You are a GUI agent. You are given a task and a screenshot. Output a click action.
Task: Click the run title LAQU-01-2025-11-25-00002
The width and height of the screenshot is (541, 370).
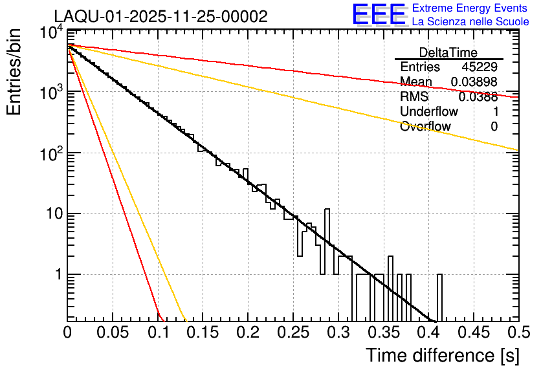160,17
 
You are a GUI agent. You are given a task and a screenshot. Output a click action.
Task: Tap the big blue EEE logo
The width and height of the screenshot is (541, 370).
379,14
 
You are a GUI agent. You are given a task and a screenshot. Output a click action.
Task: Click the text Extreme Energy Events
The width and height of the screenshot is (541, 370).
469,8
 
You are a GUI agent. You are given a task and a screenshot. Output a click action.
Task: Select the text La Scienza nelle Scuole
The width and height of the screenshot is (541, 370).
470,21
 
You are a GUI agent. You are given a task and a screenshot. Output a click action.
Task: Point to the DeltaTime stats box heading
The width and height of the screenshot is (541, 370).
448,52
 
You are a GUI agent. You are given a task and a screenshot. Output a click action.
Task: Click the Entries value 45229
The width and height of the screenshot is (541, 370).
480,67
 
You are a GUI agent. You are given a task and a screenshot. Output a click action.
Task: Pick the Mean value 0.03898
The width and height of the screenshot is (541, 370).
474,82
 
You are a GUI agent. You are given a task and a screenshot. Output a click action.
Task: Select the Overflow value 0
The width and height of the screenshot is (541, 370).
494,127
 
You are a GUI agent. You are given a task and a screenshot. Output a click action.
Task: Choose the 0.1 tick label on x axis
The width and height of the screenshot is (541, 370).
158,332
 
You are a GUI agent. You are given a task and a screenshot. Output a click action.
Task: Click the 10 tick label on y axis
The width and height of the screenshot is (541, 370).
51,214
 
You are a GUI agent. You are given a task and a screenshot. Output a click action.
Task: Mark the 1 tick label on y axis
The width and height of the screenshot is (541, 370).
56,274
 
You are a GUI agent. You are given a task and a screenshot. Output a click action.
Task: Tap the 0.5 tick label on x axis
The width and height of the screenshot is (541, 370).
516,332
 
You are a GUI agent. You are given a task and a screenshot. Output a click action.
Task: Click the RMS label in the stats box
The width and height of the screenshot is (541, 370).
414,97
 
